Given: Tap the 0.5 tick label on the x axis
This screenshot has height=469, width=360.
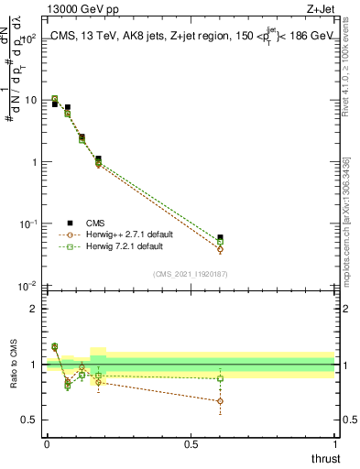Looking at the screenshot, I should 190,444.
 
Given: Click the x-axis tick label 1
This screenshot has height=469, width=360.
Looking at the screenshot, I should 334,444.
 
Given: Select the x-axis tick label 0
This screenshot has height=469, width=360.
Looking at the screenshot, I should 47,444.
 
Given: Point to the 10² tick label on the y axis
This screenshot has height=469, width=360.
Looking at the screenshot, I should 27,38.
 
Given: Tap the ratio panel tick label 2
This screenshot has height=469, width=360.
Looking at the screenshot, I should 32,309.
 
